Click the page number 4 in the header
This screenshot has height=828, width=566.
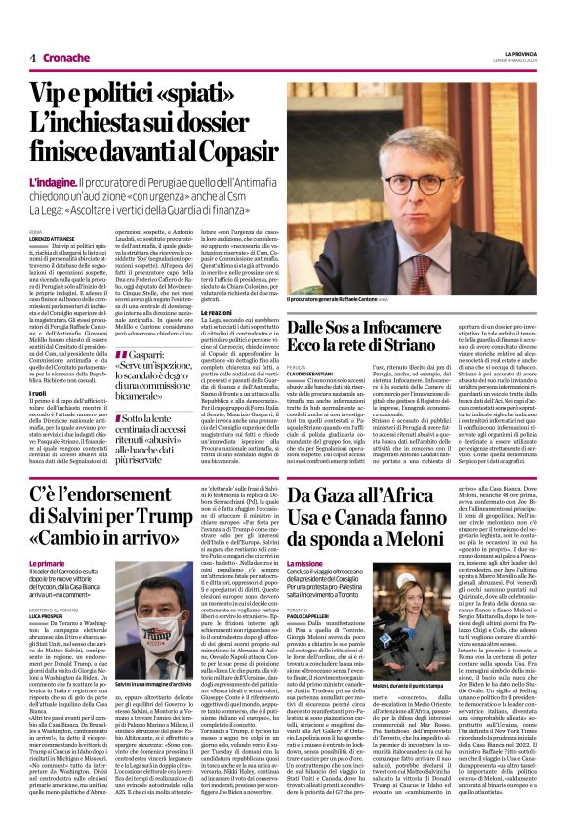(32, 59)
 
